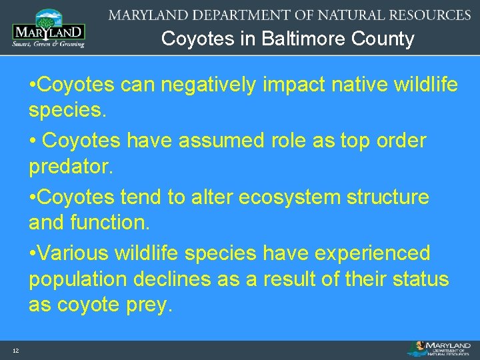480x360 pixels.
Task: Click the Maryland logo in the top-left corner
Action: (49, 28)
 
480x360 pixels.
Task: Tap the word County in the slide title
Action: (386, 39)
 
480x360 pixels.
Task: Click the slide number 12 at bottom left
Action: (15, 351)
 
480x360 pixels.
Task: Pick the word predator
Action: (71, 166)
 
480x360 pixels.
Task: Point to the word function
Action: (115, 222)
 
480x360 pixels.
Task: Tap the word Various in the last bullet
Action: (75, 253)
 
